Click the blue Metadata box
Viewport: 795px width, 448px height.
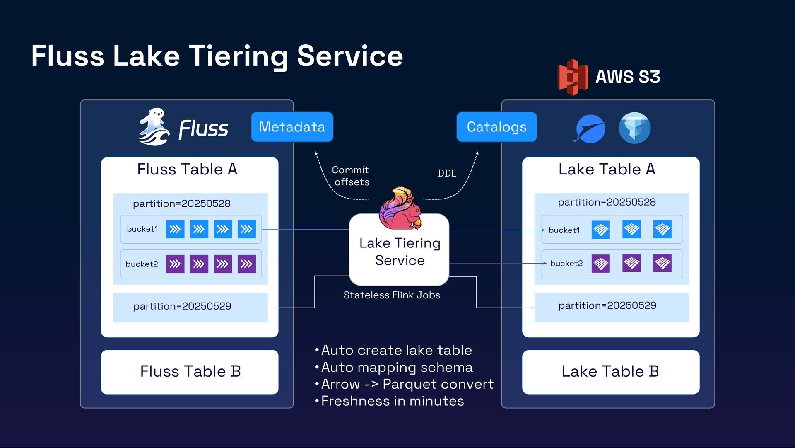(x=292, y=127)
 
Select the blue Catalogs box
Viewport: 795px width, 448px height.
(x=496, y=127)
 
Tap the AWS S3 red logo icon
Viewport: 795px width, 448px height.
(x=573, y=77)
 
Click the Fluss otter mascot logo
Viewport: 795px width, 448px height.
(x=154, y=127)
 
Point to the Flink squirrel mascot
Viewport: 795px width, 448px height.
(x=400, y=208)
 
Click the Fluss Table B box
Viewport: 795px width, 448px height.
(x=190, y=372)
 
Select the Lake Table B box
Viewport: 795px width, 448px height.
(x=610, y=372)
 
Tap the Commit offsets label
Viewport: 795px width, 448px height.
(x=351, y=176)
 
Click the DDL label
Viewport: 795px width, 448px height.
(x=447, y=173)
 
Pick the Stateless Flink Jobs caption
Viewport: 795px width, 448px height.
(x=392, y=295)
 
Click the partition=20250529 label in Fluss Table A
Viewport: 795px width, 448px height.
(x=182, y=306)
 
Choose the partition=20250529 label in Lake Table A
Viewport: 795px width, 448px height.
(x=607, y=305)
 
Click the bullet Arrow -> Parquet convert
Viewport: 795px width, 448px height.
(x=407, y=384)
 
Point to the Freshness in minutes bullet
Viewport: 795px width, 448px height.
(x=392, y=401)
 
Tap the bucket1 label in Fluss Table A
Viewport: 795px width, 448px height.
(x=142, y=229)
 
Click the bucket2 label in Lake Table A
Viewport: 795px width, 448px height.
(x=566, y=263)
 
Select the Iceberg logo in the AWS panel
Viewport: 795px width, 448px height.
(x=634, y=128)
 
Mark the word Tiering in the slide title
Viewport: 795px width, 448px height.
(x=238, y=56)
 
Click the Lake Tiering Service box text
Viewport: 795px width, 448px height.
(x=400, y=252)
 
